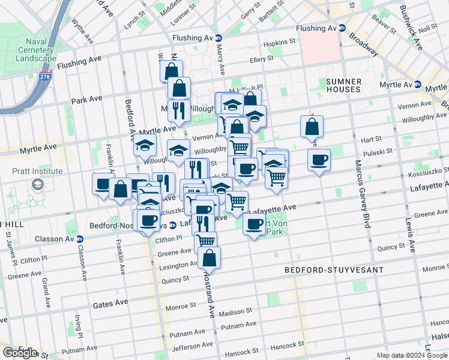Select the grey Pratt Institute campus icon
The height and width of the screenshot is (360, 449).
point(38,184)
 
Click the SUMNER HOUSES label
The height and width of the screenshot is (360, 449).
point(343,86)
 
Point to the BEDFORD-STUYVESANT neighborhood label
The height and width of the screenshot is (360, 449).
point(333,271)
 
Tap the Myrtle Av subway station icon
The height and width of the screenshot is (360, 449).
point(418,85)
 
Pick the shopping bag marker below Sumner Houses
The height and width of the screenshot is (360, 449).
point(312,127)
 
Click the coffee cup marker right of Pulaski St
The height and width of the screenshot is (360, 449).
point(319,160)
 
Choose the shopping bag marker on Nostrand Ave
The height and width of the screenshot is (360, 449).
point(209,259)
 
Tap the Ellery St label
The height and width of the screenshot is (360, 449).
point(262,59)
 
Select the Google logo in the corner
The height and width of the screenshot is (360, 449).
point(20,353)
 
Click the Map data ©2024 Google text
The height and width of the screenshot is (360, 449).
point(411,355)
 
